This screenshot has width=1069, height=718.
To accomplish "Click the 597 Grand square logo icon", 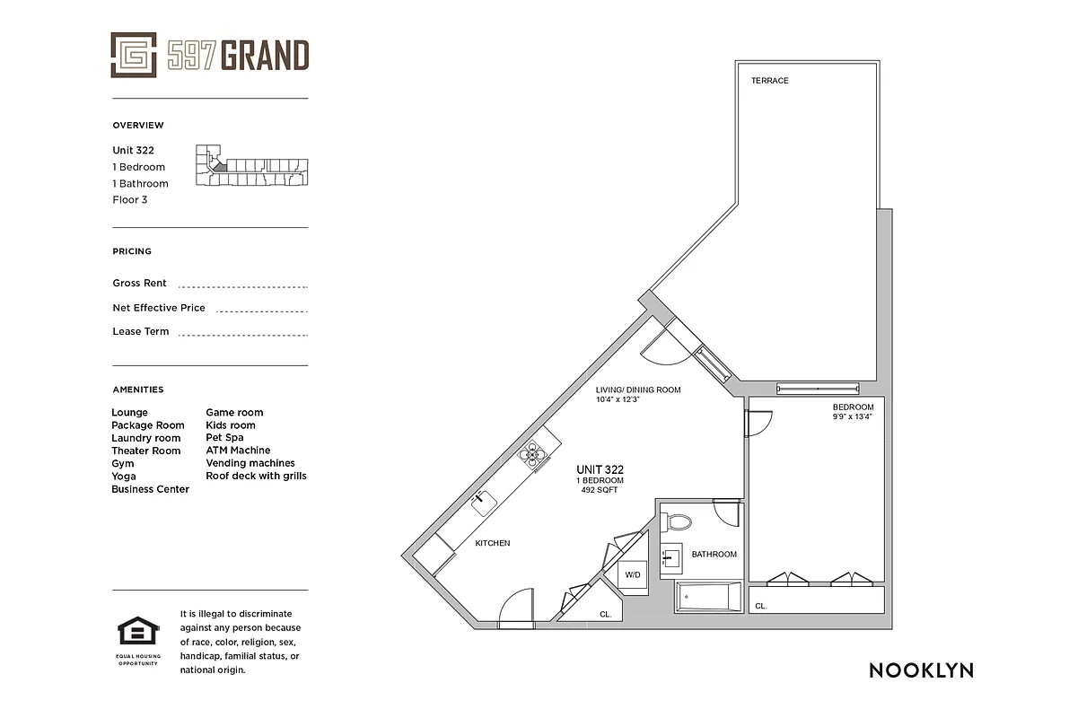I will click(x=134, y=55).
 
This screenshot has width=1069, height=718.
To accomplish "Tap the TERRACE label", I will click(x=769, y=81).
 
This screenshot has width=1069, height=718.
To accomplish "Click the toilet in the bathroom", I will click(x=678, y=521).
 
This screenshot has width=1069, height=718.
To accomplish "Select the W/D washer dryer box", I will click(x=633, y=574).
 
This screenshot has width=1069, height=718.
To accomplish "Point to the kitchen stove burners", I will click(x=534, y=456).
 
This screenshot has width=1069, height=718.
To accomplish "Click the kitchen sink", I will click(x=485, y=503).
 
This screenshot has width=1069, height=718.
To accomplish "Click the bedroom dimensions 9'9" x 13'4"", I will click(x=852, y=417).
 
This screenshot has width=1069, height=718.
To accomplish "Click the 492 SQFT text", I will click(x=600, y=490).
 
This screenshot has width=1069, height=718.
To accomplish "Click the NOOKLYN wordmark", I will click(x=920, y=670).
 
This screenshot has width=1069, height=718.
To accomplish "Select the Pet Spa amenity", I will click(x=224, y=438).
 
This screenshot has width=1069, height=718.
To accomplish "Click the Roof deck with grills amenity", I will click(x=256, y=476).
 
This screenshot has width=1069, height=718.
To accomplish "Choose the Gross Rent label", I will click(x=139, y=283).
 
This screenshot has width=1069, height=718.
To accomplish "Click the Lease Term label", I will click(x=140, y=331).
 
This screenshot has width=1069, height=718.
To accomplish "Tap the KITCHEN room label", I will click(x=492, y=543).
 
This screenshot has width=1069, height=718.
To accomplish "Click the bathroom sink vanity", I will click(x=670, y=560).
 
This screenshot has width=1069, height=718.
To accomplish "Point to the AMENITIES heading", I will click(x=137, y=390).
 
